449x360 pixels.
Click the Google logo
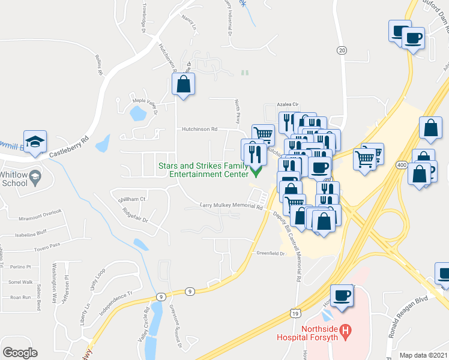[x=20, y=352]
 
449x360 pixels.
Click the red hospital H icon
[x=345, y=329]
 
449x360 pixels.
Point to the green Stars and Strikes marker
[x=256, y=173]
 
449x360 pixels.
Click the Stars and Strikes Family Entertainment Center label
[x=203, y=170]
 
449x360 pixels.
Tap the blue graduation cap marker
[x=35, y=142]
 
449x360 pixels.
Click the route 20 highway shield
[x=342, y=50]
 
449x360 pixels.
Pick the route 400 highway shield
[x=402, y=164]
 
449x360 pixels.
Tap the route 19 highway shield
[x=295, y=313]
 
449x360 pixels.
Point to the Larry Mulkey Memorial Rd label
[x=232, y=207]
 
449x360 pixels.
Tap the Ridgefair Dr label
[x=135, y=215]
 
